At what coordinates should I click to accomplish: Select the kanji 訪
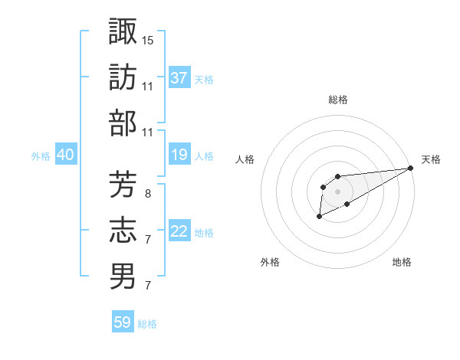point(123,77)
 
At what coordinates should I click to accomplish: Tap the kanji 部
point(123,123)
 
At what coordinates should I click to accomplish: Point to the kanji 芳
point(123,183)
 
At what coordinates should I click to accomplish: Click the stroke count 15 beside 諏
point(148,39)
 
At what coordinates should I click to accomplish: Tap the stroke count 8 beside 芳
point(147,193)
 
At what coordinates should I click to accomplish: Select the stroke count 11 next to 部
point(148,133)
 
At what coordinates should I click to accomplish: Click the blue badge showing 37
point(179,77)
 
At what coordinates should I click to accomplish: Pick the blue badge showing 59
point(123,322)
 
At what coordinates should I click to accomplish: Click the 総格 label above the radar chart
point(337,100)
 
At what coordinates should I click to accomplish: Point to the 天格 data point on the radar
point(411,169)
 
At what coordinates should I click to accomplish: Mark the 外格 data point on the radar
point(319,218)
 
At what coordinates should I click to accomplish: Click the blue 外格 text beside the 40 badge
point(41,156)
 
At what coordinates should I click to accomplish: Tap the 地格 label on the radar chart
point(402,262)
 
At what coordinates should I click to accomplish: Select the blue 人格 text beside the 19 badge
point(204,156)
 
